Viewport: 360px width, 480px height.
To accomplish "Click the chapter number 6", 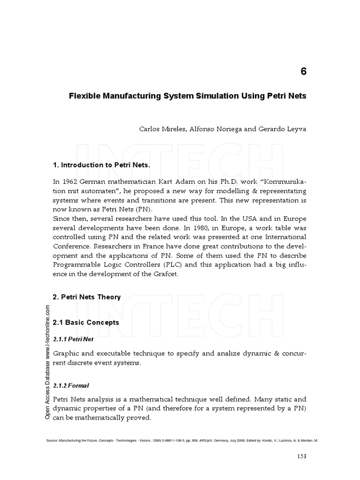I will click(303, 72).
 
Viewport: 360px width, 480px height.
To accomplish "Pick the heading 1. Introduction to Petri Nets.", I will click(101, 165).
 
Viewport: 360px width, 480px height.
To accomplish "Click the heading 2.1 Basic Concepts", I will click(86, 322).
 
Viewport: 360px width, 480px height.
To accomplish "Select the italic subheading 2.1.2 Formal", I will click(71, 385).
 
